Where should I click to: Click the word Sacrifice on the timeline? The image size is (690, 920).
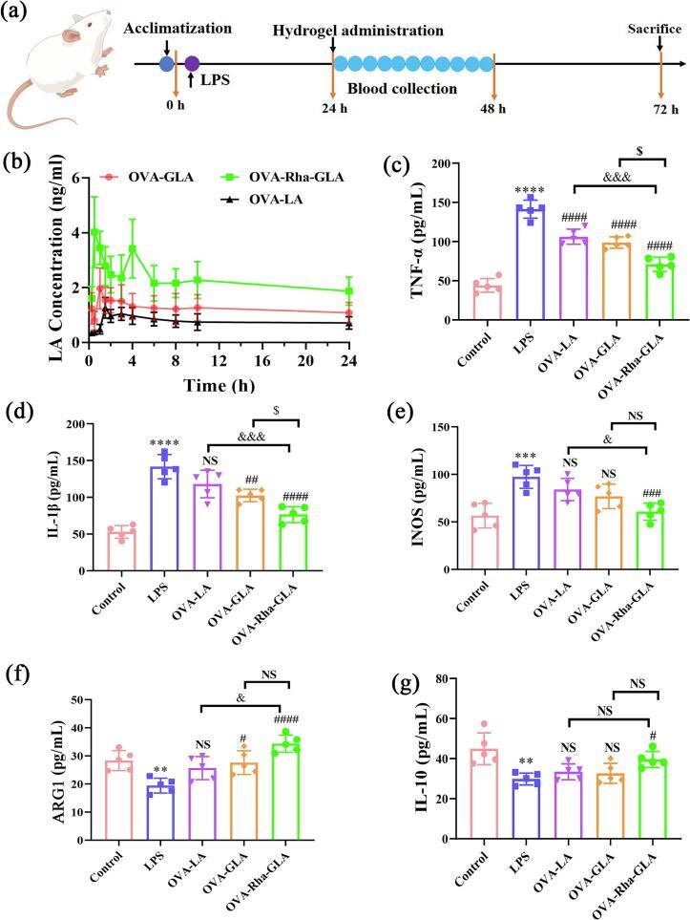tap(654, 29)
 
